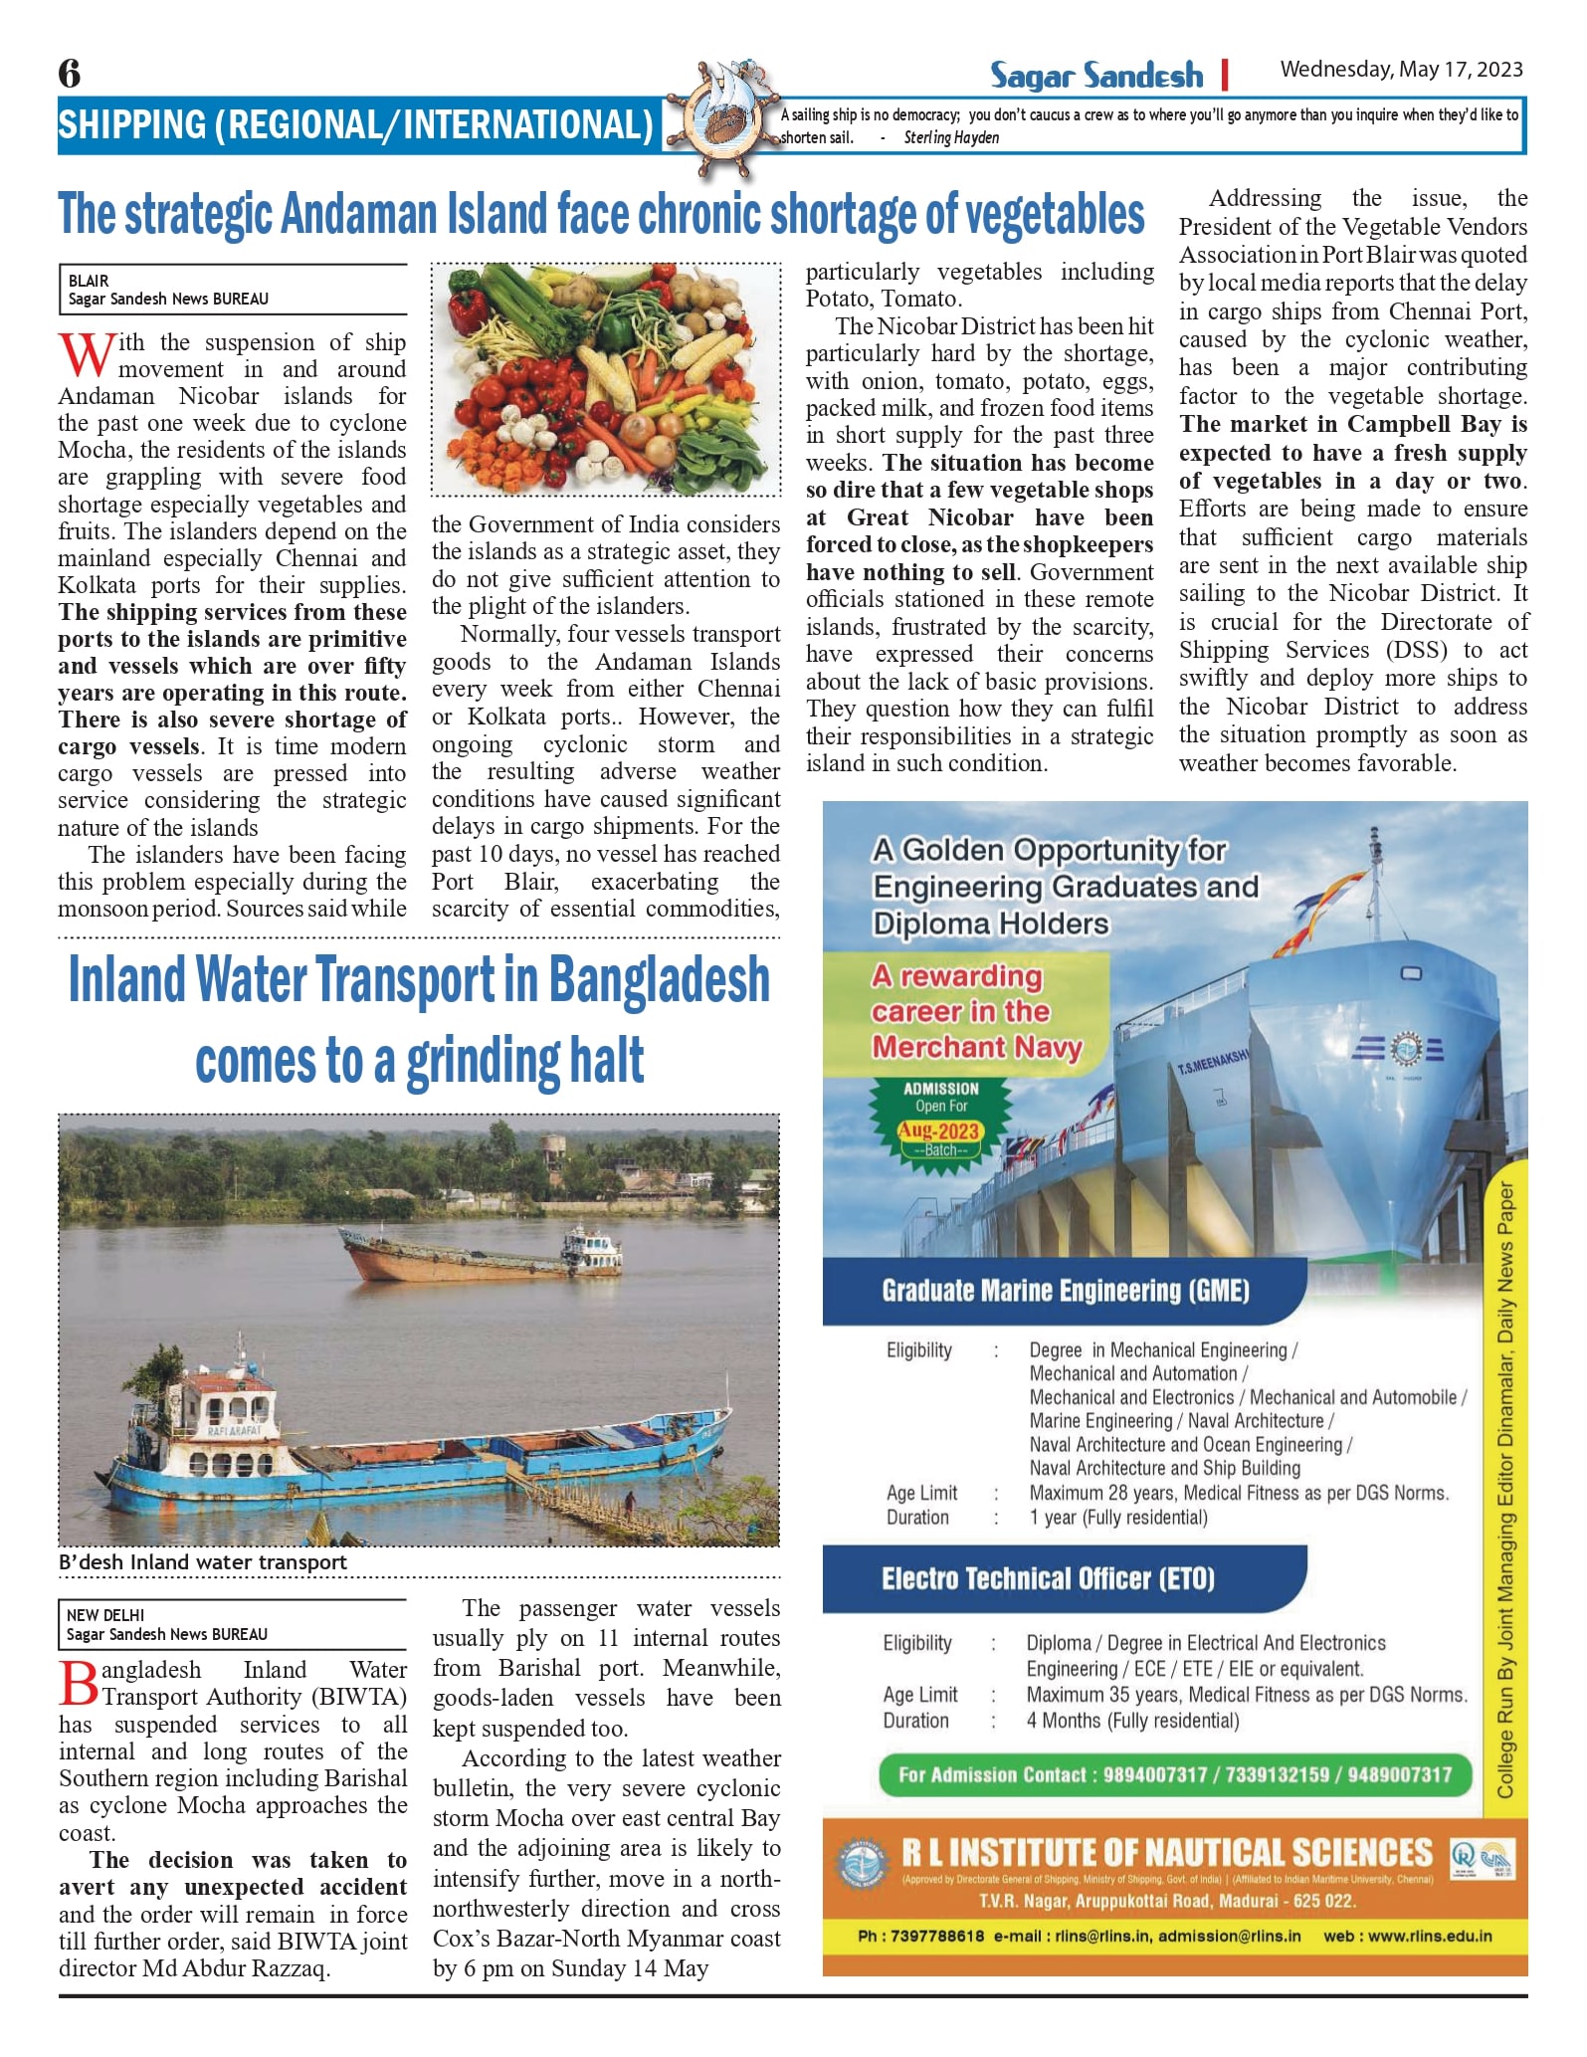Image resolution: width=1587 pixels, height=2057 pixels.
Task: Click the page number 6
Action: (x=70, y=73)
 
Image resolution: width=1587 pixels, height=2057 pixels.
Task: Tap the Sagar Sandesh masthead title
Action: (x=1095, y=75)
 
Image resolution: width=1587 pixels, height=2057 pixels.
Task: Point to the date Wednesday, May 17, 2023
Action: (x=1401, y=70)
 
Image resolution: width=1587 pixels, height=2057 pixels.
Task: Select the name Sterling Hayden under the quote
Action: (x=951, y=138)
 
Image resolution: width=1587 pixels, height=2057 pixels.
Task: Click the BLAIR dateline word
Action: (x=90, y=281)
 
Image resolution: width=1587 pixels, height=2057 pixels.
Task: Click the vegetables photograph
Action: (x=605, y=379)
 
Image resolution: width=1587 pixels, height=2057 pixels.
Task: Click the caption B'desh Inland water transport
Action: (x=203, y=1562)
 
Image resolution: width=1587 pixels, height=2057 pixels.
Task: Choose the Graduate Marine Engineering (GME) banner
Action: (x=1065, y=1291)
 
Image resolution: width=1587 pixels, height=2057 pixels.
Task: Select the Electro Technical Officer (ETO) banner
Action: (x=1048, y=1579)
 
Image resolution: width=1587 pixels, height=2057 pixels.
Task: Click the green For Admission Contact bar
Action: (x=1174, y=1775)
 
